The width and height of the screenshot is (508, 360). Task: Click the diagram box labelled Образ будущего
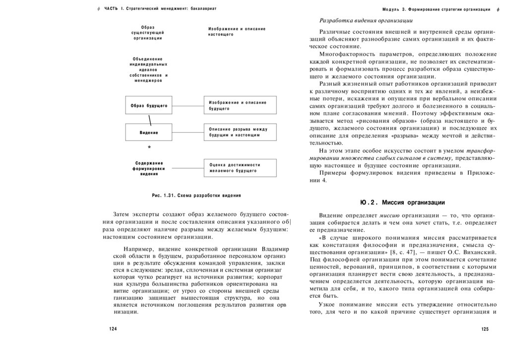pos(148,106)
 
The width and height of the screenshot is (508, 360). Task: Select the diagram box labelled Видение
pos(148,133)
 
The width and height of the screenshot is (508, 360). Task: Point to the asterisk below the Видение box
pos(149,148)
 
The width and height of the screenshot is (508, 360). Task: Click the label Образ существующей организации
pos(147,32)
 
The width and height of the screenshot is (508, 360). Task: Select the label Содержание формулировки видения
pos(149,168)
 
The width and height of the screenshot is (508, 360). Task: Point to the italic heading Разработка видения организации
pos(367,20)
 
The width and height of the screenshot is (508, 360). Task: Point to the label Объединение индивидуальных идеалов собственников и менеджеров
pos(149,70)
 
